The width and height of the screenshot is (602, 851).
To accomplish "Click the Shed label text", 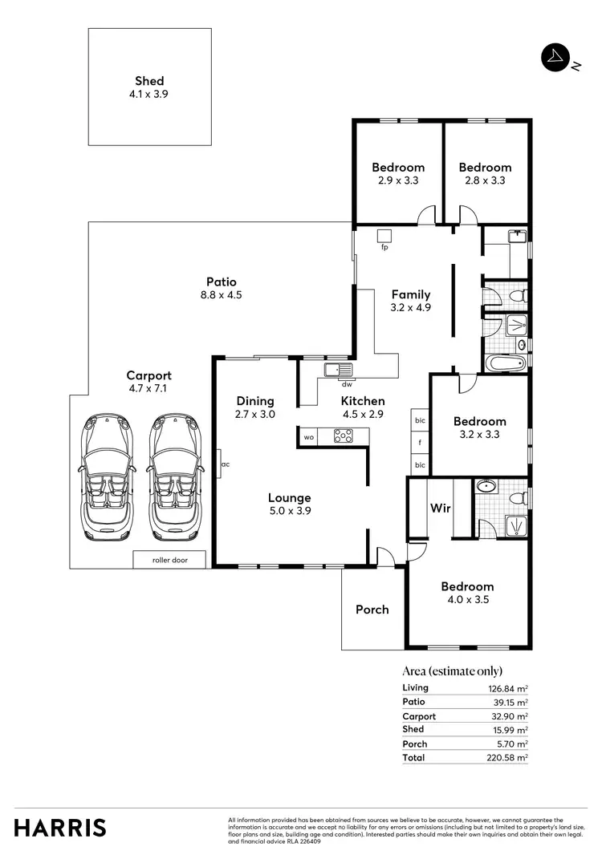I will pyautogui.click(x=149, y=81).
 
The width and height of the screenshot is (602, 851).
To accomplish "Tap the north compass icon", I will pyautogui.click(x=555, y=59).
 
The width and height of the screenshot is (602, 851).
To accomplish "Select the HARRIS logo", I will pyautogui.click(x=60, y=827).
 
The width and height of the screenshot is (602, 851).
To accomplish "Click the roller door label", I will pyautogui.click(x=169, y=560).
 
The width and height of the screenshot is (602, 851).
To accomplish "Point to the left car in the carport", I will pyautogui.click(x=108, y=478).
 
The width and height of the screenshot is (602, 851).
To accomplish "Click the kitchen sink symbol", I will pyautogui.click(x=339, y=370).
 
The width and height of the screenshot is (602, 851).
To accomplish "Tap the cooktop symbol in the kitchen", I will pyautogui.click(x=344, y=436).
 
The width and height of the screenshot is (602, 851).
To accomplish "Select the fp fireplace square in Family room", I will pyautogui.click(x=384, y=235).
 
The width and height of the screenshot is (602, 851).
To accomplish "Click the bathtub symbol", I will pyautogui.click(x=505, y=363).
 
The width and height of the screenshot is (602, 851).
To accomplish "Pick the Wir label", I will pyautogui.click(x=440, y=508).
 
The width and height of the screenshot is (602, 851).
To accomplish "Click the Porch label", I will pyautogui.click(x=372, y=610).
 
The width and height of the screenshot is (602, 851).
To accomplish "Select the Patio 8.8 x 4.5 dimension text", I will pyautogui.click(x=222, y=295).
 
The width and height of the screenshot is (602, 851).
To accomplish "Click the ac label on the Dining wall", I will pyautogui.click(x=226, y=464).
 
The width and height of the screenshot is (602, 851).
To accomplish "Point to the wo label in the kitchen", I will pyautogui.click(x=308, y=437).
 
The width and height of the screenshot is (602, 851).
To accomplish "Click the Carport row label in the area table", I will pyautogui.click(x=419, y=716).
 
